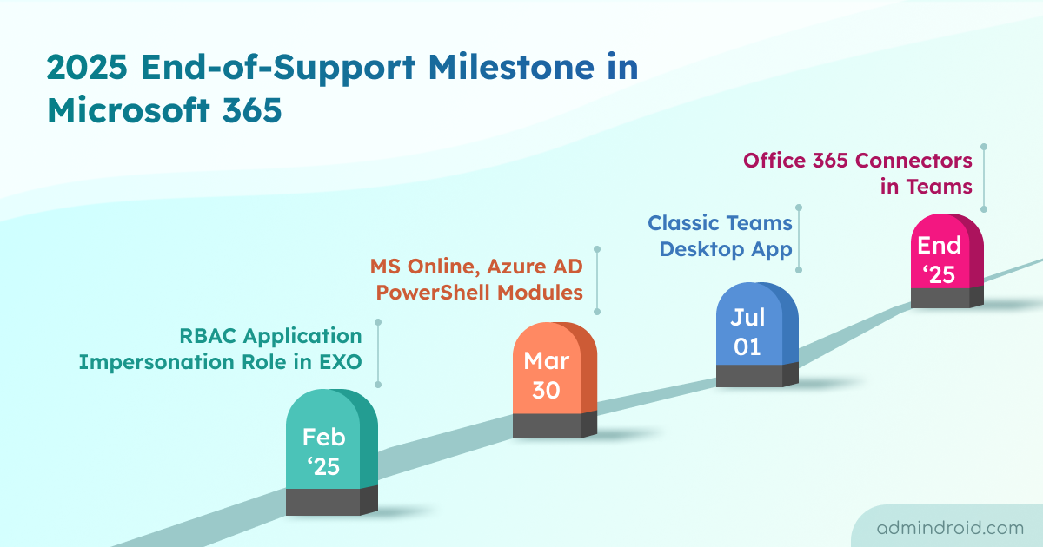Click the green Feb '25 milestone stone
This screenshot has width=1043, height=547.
tap(331, 452)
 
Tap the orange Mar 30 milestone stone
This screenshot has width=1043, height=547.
tap(555, 380)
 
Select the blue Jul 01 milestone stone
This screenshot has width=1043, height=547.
tap(757, 334)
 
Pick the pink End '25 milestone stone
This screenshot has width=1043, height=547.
tap(947, 260)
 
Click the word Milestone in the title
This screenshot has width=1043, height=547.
tap(510, 68)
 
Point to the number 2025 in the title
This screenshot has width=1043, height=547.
tap(87, 68)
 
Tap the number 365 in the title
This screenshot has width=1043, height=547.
tap(251, 110)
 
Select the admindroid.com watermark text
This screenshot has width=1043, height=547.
tap(950, 528)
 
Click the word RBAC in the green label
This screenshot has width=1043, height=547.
tap(208, 336)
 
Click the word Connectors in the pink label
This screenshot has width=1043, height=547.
tap(913, 161)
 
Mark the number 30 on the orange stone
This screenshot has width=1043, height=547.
tap(546, 390)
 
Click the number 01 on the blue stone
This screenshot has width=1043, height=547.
tap(747, 346)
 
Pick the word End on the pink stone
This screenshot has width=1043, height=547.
tap(940, 245)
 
